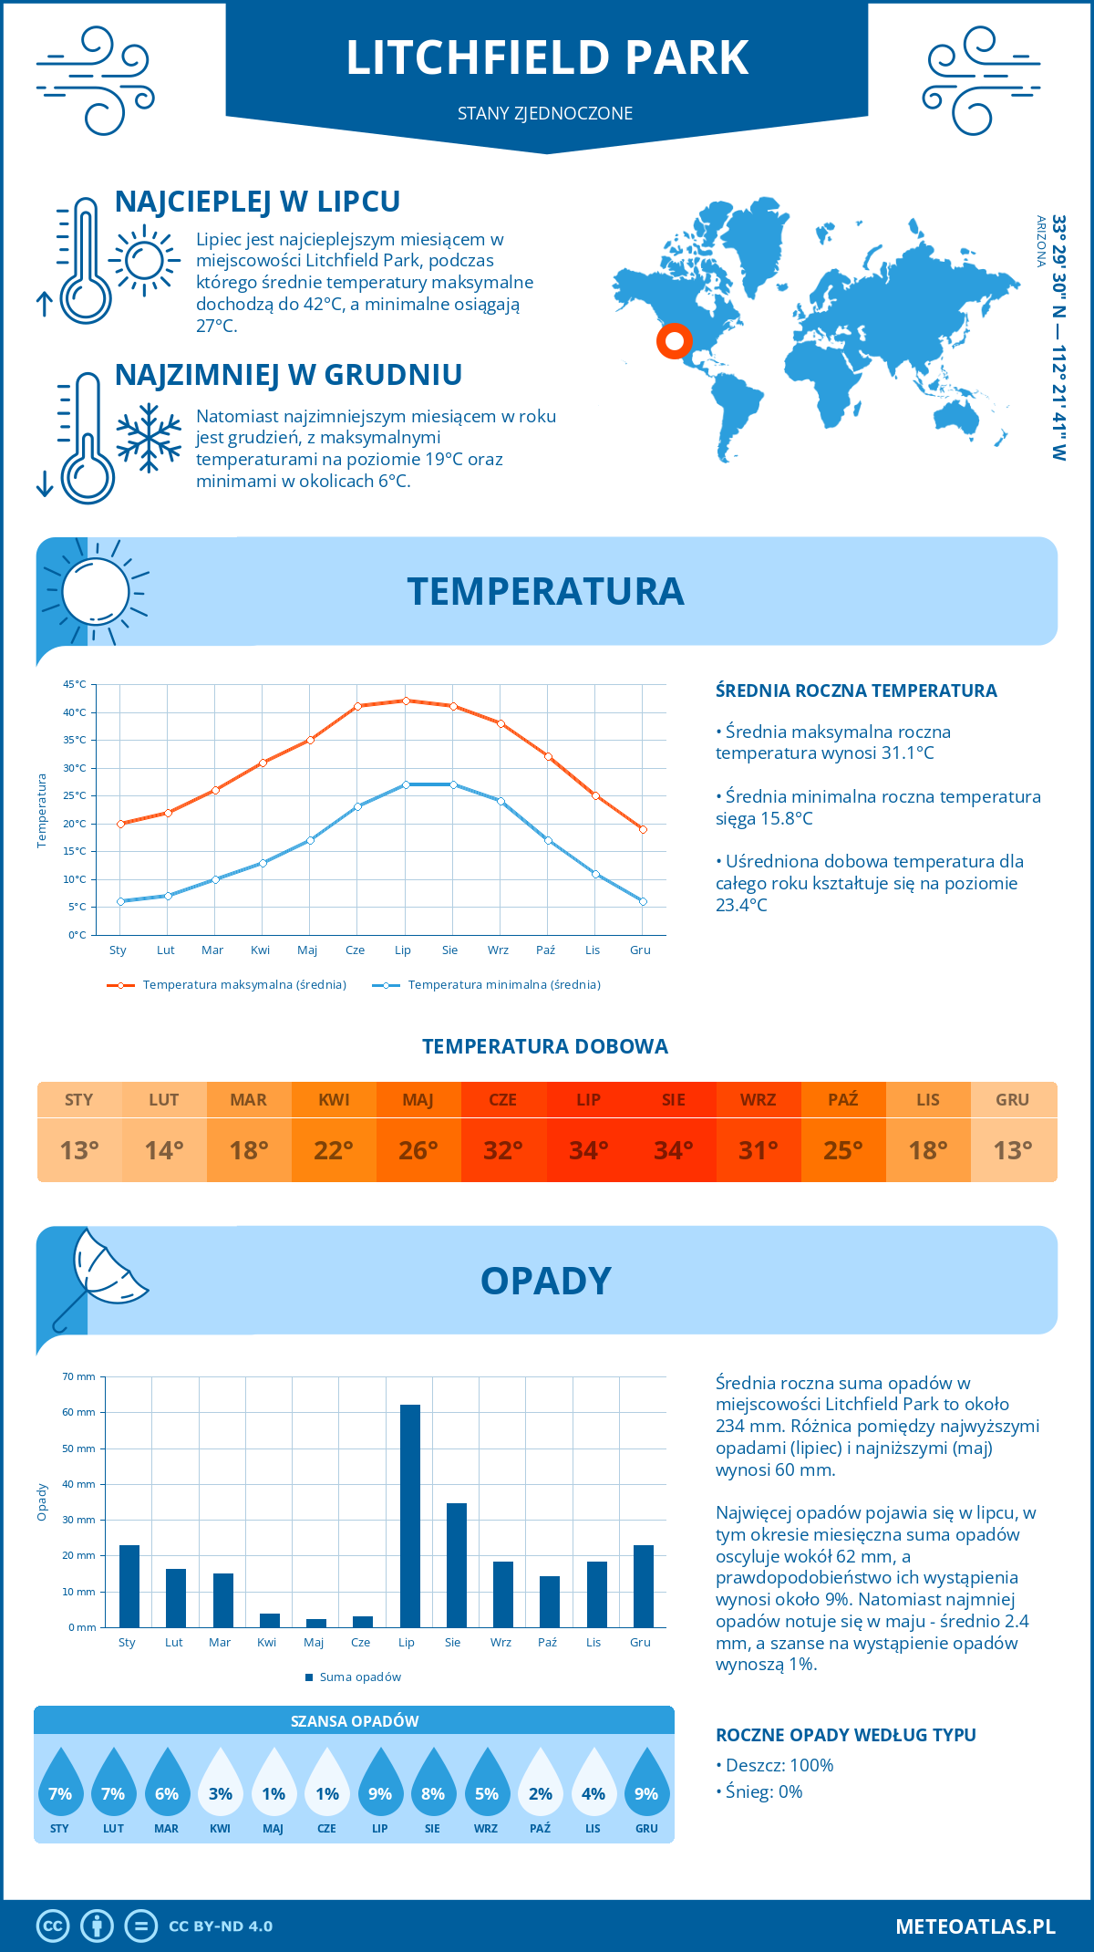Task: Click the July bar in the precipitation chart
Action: pos(410,1516)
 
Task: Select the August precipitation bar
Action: pos(457,1565)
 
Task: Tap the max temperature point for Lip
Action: pos(406,701)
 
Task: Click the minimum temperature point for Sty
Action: pos(120,901)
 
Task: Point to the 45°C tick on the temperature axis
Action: pos(76,684)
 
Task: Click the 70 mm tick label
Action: pos(79,1376)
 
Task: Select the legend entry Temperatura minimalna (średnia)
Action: pos(488,985)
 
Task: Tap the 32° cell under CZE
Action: pos(503,1150)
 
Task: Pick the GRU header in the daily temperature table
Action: pos(1012,1100)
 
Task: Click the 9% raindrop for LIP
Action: pos(380,1784)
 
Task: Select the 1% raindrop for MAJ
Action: pos(273,1784)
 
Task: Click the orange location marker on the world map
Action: pos(675,341)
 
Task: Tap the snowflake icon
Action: pos(149,438)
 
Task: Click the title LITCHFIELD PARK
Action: pos(547,57)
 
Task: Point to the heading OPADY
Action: pos(545,1281)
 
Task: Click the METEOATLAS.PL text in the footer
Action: pos(975,1926)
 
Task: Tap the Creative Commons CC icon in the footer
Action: pos(53,1926)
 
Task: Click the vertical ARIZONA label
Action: pos(1040,241)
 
